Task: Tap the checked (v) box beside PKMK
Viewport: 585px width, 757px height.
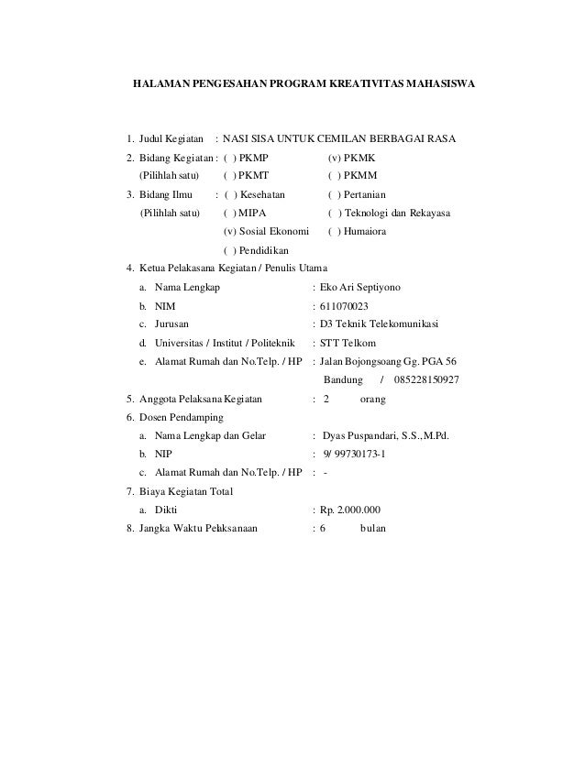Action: point(336,158)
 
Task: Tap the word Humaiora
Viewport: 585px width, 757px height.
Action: point(366,232)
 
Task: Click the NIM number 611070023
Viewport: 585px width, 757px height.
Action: point(346,306)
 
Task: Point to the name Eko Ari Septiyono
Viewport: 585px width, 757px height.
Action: point(365,288)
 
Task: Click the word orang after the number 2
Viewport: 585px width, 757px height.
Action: point(373,399)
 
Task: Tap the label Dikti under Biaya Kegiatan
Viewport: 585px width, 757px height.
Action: point(166,510)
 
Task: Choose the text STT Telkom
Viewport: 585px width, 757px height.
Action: point(349,343)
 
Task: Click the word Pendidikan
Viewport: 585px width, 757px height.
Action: point(265,250)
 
